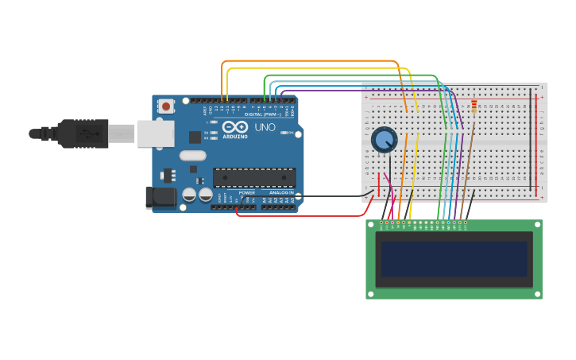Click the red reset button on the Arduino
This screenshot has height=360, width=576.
pos(165,106)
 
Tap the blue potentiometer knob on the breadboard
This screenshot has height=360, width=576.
pos(385,140)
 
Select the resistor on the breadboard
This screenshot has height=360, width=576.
pos(474,105)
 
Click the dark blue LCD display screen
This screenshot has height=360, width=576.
pos(454,259)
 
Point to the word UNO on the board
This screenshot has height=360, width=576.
pos(265,127)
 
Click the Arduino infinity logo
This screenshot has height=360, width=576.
pos(235,126)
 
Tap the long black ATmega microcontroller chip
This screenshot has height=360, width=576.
pos(254,177)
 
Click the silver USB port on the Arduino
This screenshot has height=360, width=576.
pos(155,134)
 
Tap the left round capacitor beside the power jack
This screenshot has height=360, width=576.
pos(189,195)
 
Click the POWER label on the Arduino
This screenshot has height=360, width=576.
pos(247,192)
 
